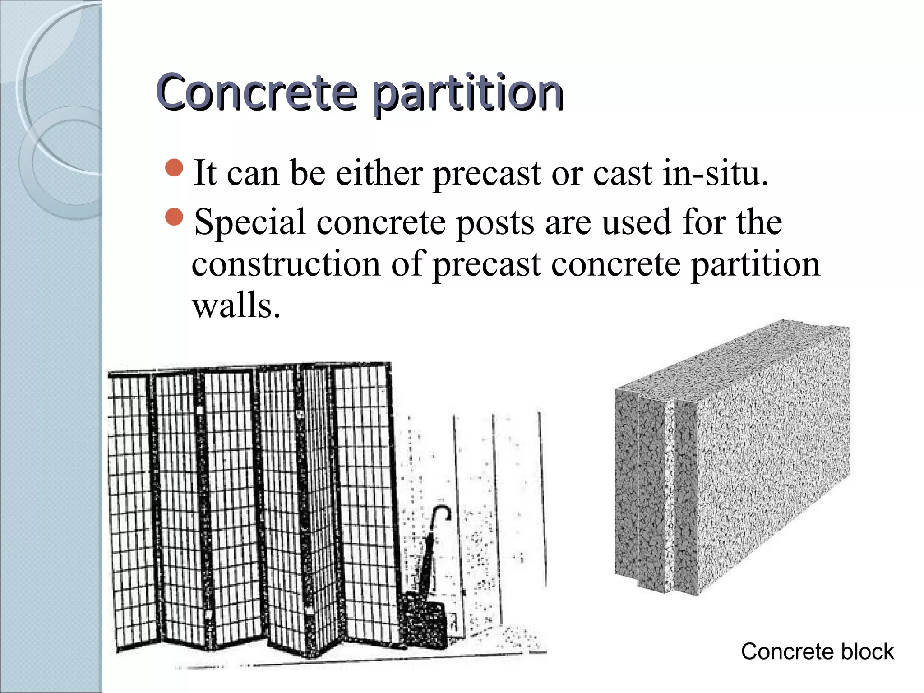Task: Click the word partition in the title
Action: pos(468,93)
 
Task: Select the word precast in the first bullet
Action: pos(486,174)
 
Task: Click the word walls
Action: pos(236,305)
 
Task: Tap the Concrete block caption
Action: pos(817,651)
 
